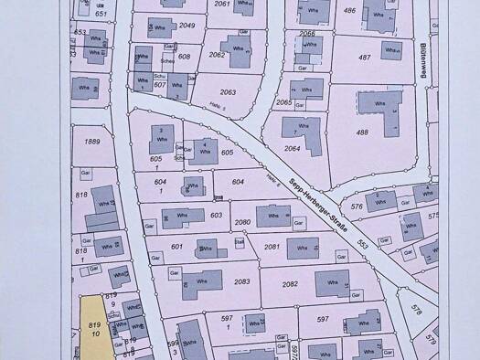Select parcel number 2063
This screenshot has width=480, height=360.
(x=228, y=92)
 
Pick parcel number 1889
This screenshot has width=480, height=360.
(x=91, y=142)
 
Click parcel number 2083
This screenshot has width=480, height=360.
(x=241, y=281)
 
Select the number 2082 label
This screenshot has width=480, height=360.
(x=290, y=284)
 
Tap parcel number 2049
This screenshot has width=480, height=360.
(x=187, y=26)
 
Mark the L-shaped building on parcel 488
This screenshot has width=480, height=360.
(x=377, y=107)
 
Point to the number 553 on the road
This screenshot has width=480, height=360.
(x=362, y=245)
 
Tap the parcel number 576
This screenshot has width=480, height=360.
(x=357, y=207)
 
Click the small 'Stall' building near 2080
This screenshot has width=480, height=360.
(x=239, y=242)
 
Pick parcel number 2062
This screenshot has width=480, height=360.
(x=217, y=55)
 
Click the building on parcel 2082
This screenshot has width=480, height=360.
(x=331, y=282)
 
